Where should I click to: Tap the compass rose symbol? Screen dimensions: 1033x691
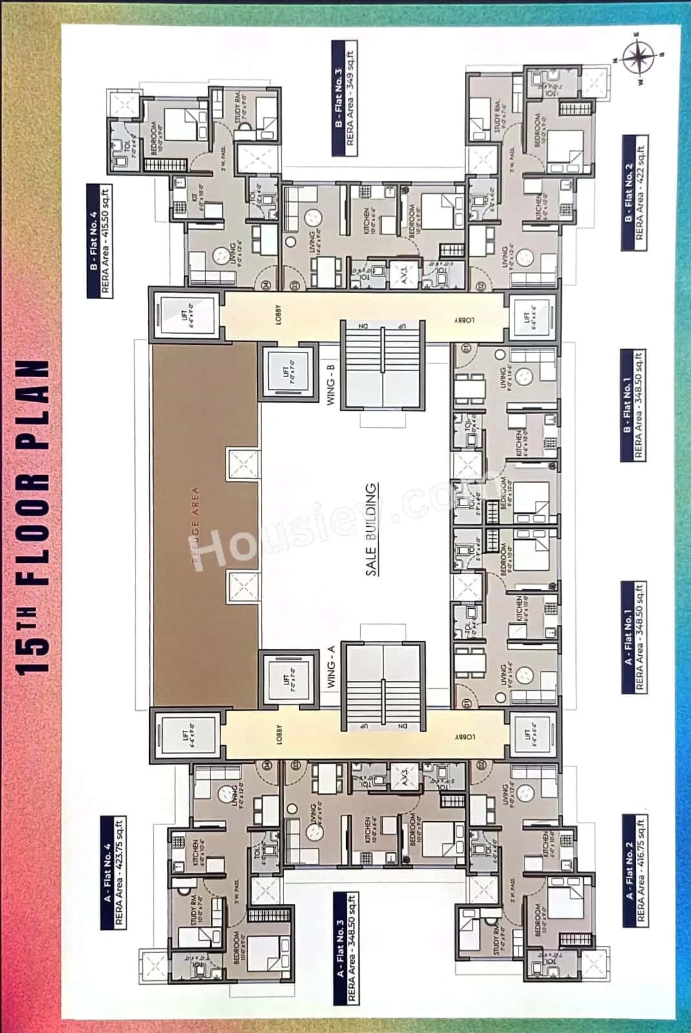tap(639, 57)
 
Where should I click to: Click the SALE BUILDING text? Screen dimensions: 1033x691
tap(372, 529)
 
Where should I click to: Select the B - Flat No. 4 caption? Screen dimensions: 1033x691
tap(100, 241)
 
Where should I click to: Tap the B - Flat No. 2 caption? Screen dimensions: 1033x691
tap(634, 193)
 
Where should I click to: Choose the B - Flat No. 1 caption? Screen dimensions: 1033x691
tap(633, 406)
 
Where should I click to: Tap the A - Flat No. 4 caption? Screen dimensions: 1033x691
tap(114, 873)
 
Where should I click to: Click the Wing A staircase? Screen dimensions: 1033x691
tap(383, 687)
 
